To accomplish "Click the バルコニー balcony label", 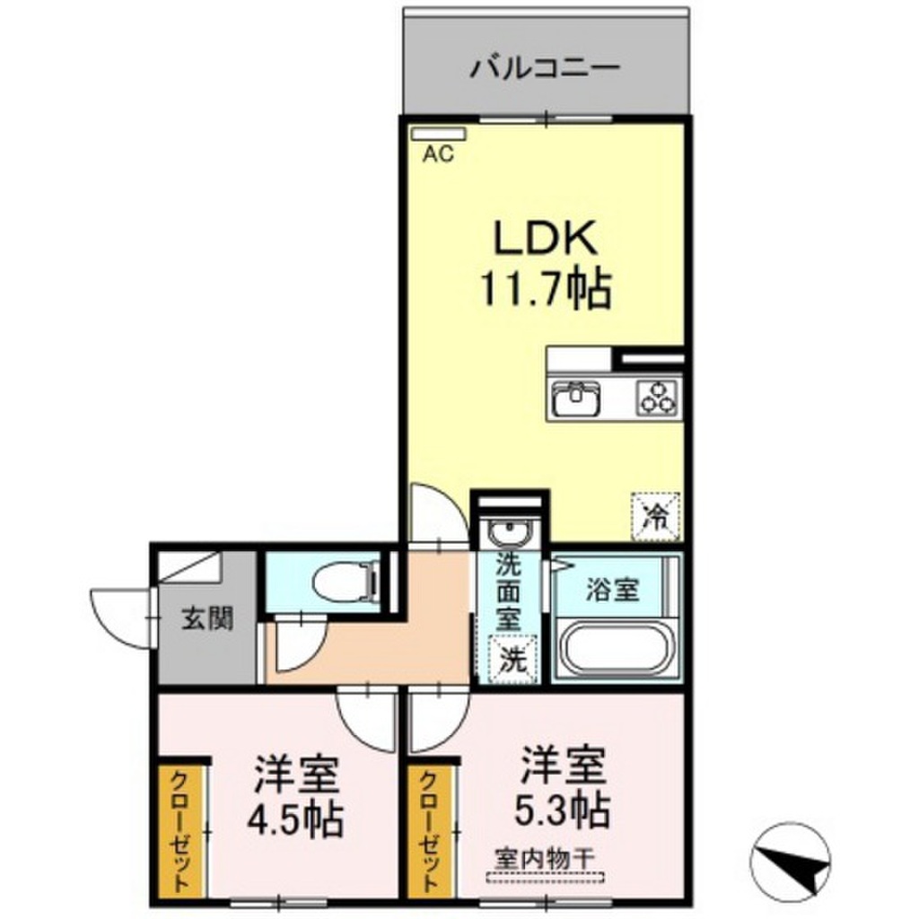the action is point(545,68).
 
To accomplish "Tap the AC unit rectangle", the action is point(438,135).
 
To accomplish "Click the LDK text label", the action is point(546,237).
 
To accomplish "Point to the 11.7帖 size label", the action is point(546,289).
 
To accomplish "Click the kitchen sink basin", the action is point(575,399).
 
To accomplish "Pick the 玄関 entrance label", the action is point(207,618).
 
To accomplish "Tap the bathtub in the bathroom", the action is point(617,650).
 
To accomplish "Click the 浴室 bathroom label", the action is point(612,589).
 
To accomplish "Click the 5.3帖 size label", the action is point(563,810).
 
